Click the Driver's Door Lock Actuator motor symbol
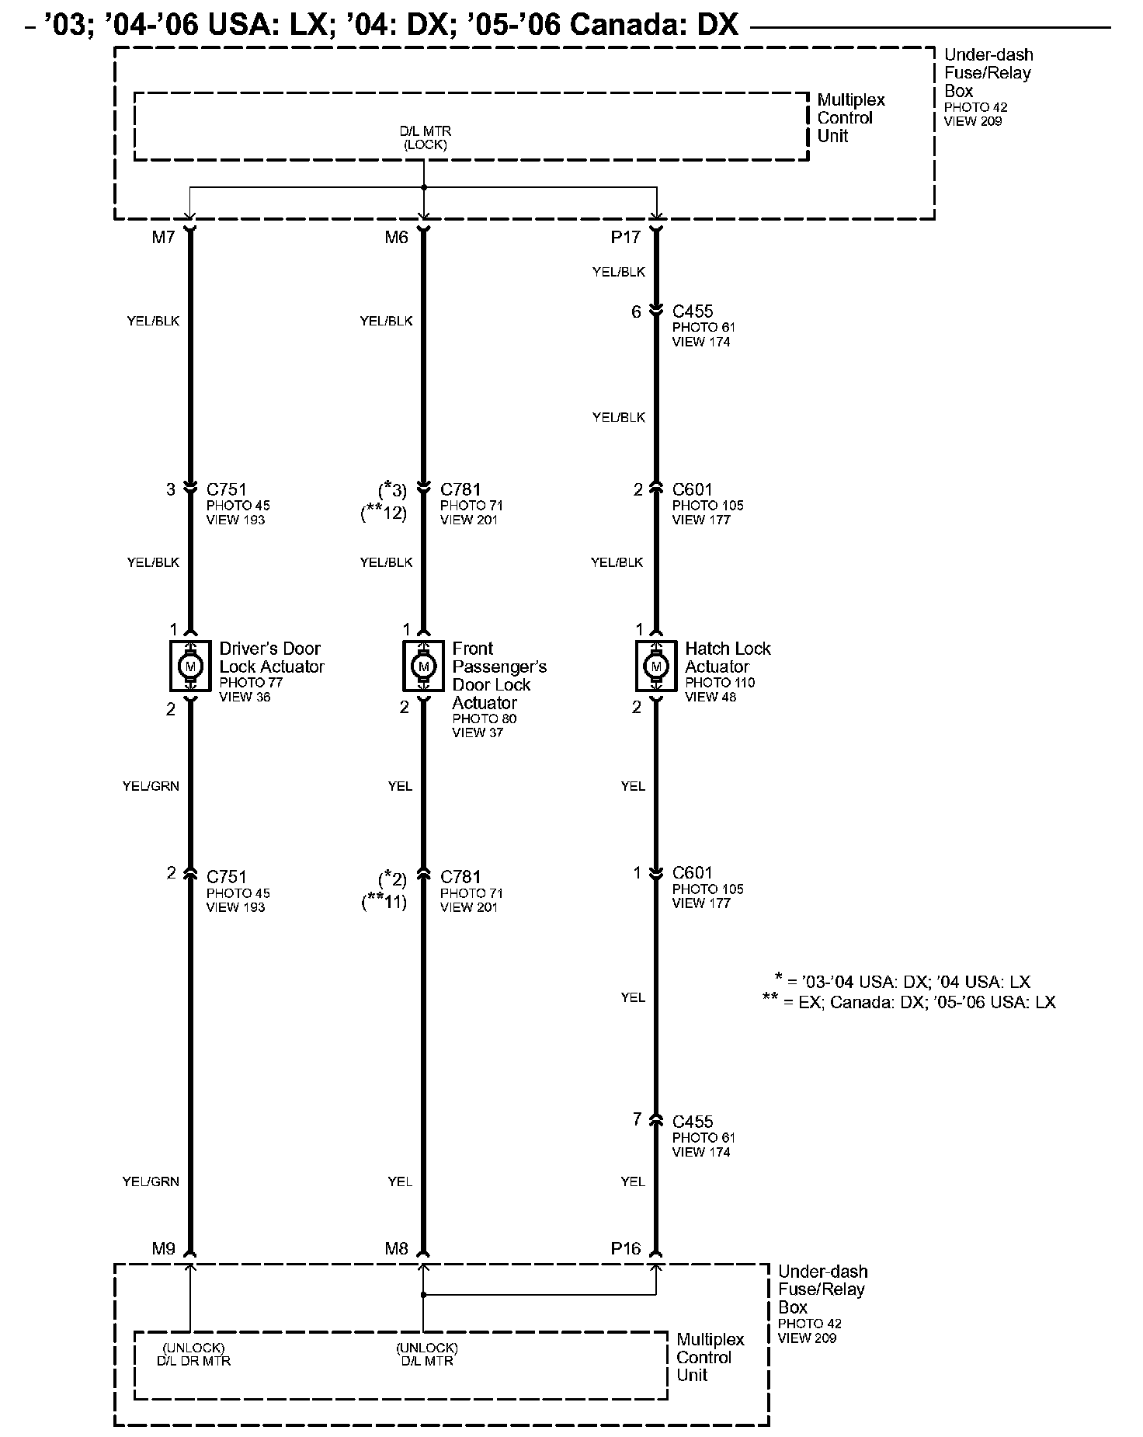190,666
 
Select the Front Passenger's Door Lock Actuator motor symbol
423,666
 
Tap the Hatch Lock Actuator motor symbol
656,666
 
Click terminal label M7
163,238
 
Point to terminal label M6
396,238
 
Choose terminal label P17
625,238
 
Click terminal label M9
163,1249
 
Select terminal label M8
396,1249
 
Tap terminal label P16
626,1249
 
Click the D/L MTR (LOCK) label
425,138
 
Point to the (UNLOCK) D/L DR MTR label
193,1354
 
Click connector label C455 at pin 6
693,311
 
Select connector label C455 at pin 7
693,1122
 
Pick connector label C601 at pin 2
693,489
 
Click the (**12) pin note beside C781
384,513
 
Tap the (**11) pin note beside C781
384,902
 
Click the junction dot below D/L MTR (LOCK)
423,187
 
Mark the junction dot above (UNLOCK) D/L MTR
423,1295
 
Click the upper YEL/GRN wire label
151,786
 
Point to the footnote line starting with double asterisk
909,1002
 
